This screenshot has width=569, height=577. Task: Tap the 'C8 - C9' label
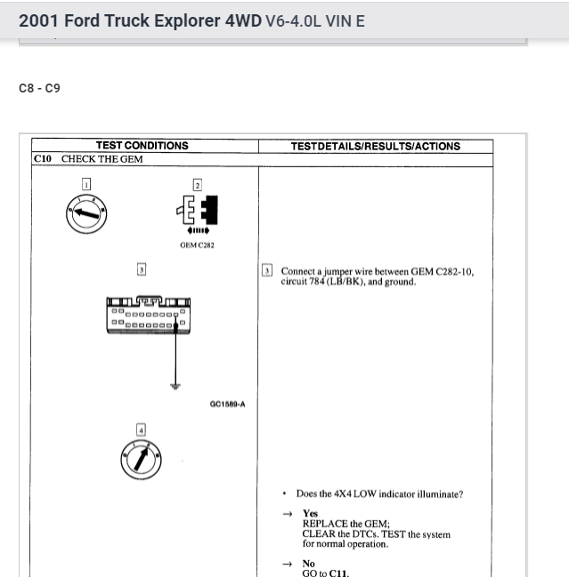(39, 89)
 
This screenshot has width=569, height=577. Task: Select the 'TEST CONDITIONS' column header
(142, 146)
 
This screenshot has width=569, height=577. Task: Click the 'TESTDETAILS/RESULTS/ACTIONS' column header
(375, 146)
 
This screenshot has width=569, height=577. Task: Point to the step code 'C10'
(43, 159)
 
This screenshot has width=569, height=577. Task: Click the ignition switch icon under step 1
(86, 213)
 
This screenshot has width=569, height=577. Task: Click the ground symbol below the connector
(176, 386)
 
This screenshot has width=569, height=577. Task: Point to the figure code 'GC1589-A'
(227, 405)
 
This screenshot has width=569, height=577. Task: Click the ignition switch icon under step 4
(141, 460)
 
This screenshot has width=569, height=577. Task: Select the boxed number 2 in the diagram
(197, 185)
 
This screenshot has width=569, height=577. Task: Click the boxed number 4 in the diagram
(140, 430)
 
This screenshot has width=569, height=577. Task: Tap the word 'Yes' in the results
(310, 513)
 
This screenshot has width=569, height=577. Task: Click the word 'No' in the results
(308, 564)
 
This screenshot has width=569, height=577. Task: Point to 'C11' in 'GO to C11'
(337, 573)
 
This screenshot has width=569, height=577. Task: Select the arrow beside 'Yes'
(287, 513)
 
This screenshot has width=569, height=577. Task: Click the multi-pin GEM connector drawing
(148, 315)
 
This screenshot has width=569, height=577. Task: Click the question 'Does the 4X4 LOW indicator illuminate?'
(379, 494)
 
